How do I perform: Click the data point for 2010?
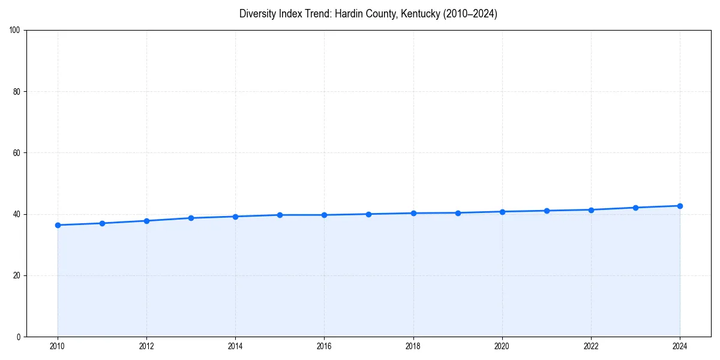[x=58, y=225]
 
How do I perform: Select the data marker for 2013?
[x=191, y=218]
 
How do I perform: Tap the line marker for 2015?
[x=280, y=215]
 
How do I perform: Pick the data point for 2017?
[x=368, y=214]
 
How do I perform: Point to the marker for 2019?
[x=458, y=213]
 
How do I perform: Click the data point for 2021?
[x=547, y=211]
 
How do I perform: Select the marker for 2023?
[x=635, y=208]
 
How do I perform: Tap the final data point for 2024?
[x=680, y=206]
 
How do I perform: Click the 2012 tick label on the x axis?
[x=146, y=346]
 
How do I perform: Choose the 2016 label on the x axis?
[x=324, y=346]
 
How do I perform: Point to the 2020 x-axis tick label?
[x=502, y=346]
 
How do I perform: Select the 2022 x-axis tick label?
[x=591, y=346]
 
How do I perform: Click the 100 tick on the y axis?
[x=15, y=31]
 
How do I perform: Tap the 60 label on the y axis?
[x=17, y=153]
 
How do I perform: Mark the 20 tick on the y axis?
[x=17, y=275]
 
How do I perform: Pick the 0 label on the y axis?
[x=19, y=337]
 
